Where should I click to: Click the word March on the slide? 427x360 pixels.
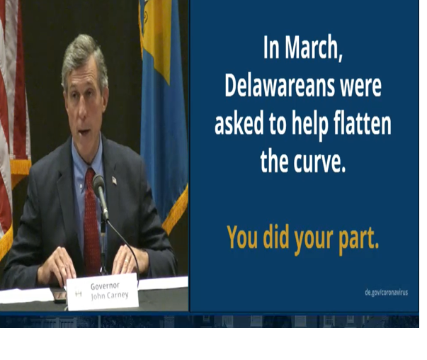[x=314, y=48]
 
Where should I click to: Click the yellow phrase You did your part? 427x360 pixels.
[x=303, y=238]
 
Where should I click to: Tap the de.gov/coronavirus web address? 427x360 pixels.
[x=386, y=293]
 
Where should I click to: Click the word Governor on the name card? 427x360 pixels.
[x=105, y=286]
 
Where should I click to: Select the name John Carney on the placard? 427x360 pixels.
[x=110, y=295]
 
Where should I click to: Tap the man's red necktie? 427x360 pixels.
[x=92, y=220]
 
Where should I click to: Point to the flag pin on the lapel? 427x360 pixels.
[x=115, y=180]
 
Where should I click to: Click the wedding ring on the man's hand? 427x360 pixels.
[x=126, y=261]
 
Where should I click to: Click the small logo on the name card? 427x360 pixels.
[x=78, y=293]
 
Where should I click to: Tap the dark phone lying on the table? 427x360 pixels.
[x=59, y=295]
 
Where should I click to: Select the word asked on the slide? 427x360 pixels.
[x=239, y=123]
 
